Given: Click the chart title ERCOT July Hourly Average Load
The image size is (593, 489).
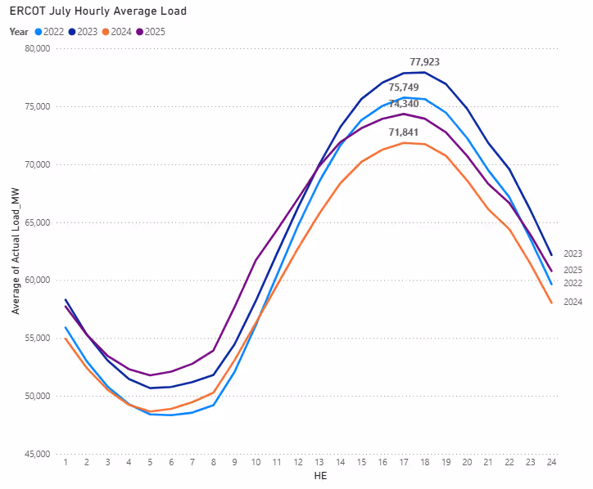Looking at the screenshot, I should click(x=98, y=11).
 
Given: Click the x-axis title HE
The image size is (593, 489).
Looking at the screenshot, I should click(x=308, y=477).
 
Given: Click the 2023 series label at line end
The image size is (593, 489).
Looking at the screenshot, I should click(x=573, y=253).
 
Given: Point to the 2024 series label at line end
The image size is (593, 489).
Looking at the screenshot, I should click(x=573, y=302).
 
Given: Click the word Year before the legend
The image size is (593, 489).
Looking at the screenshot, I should click(x=19, y=31).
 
